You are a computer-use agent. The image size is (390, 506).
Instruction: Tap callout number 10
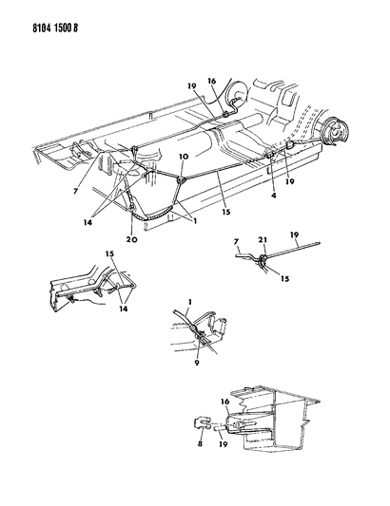(183, 157)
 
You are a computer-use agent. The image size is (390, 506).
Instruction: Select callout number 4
(274, 196)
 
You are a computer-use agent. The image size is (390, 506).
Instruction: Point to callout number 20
(132, 239)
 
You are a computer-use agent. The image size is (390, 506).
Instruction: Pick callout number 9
(197, 363)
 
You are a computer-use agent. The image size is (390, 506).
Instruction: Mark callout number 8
(200, 443)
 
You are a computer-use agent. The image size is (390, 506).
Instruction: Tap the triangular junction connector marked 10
(181, 180)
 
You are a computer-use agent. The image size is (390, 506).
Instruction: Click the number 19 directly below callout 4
(290, 181)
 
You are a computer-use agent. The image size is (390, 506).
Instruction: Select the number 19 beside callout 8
(224, 444)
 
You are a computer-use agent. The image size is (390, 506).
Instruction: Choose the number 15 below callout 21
(284, 278)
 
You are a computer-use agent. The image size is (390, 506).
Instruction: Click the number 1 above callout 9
(190, 302)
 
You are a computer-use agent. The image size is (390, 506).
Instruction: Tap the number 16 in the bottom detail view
(225, 402)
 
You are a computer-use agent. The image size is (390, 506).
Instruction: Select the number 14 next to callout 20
(88, 223)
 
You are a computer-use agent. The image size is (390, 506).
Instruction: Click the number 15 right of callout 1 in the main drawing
(226, 212)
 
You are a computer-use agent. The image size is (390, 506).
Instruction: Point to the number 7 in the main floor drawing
(75, 192)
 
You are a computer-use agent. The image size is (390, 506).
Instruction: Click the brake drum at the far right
(334, 131)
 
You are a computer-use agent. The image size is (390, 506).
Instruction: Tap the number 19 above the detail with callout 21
(294, 234)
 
